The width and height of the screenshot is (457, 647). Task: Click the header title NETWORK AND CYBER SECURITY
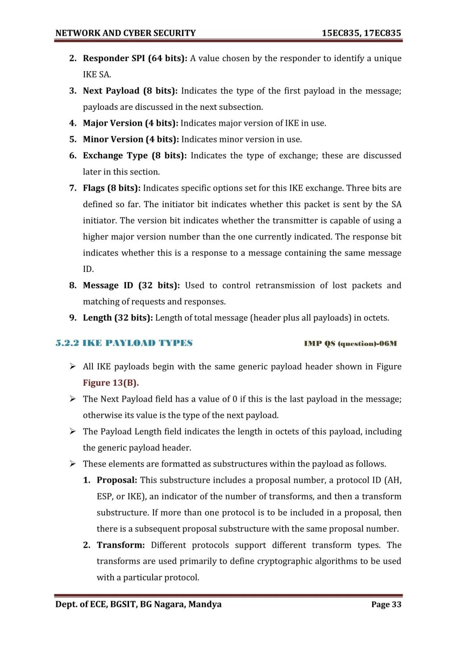click(125, 33)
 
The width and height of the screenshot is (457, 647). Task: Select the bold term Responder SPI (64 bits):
click(135, 58)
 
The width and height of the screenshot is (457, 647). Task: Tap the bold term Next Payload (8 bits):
click(130, 91)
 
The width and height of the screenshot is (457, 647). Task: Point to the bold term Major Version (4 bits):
click(130, 123)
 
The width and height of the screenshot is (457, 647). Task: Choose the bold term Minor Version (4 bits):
click(131, 139)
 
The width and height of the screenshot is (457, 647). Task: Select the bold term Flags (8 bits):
click(112, 188)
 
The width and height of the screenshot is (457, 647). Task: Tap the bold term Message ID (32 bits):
click(131, 285)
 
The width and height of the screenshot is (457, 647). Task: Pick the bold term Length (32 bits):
click(118, 318)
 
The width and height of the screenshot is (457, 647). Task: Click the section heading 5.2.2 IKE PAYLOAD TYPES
click(124, 343)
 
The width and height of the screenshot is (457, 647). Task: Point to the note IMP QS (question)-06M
click(350, 343)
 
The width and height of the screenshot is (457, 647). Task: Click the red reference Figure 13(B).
click(111, 383)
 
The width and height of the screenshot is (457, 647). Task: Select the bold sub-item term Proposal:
click(117, 480)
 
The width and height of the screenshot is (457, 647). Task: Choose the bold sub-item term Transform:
click(120, 545)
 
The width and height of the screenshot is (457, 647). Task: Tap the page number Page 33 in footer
click(386, 605)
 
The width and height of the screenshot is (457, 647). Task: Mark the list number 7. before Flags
click(73, 188)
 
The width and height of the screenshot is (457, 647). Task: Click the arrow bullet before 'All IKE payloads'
click(72, 367)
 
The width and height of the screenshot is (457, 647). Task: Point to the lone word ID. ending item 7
click(88, 269)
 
